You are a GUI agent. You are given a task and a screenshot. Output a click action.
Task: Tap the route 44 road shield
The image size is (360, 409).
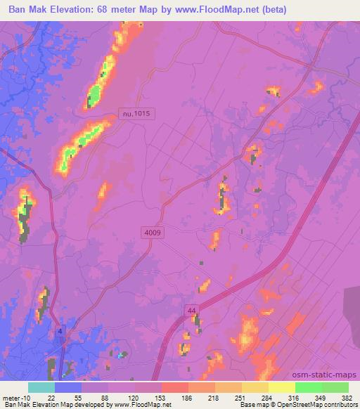(x=192, y=310)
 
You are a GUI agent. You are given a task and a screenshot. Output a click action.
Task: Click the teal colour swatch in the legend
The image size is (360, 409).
(x=41, y=387)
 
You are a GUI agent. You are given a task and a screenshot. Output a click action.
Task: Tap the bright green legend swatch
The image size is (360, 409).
(x=308, y=387)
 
